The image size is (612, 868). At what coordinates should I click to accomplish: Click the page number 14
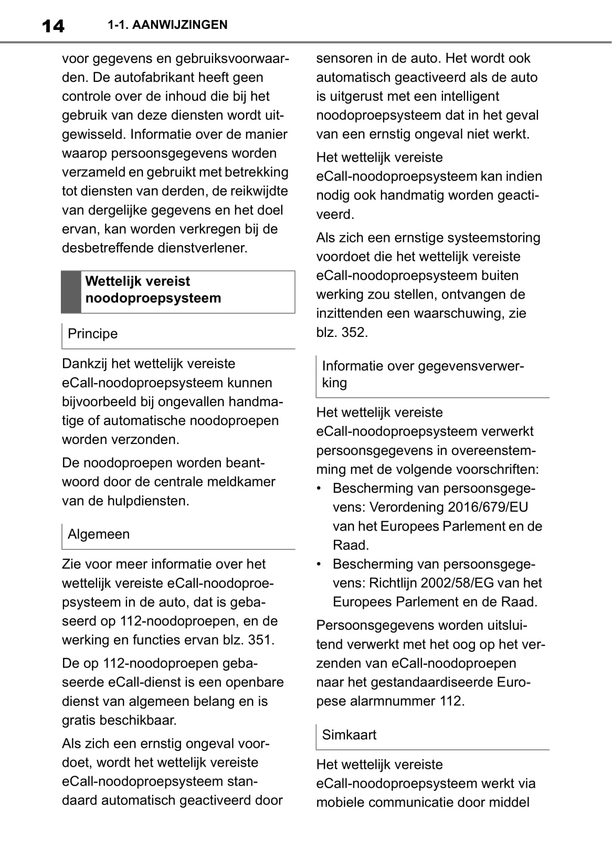[x=52, y=25]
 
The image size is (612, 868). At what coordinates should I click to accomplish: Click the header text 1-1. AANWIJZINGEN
[x=167, y=25]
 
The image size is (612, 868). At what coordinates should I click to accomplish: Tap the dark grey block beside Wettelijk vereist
[x=71, y=292]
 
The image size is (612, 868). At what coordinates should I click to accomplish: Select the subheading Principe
[x=92, y=334]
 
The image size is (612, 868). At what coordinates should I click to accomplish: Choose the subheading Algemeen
[x=99, y=534]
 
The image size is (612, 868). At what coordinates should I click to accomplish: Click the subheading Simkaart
[x=349, y=735]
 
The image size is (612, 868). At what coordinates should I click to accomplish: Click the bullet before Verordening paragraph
[x=319, y=489]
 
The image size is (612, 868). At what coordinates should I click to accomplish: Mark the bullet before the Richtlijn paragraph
[x=319, y=564]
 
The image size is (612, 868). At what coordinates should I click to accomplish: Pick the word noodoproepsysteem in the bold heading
[x=153, y=298]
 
